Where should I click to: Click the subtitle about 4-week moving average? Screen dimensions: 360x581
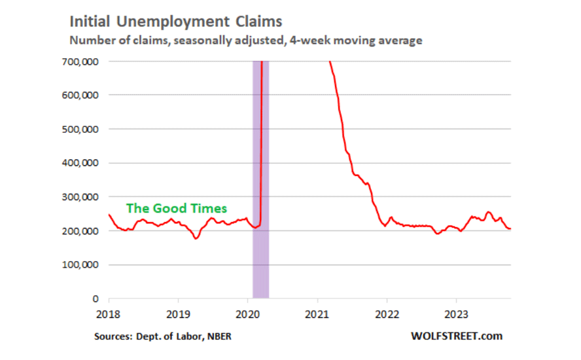(245, 41)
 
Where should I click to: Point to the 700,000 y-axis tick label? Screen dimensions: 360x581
(80, 62)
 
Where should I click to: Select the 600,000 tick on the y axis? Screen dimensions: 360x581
(80, 95)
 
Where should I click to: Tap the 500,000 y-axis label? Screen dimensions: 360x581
(80, 129)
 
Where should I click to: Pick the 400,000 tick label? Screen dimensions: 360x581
(80, 163)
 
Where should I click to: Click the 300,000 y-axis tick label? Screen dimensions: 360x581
(80, 197)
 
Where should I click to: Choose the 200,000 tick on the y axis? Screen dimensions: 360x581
(80, 231)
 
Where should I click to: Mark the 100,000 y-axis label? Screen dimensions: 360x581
(80, 265)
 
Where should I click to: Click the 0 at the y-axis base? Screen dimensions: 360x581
(96, 298)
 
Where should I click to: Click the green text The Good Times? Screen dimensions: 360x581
(176, 208)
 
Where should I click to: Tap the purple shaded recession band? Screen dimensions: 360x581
(260, 262)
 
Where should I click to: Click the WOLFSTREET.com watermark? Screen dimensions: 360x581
(457, 336)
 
